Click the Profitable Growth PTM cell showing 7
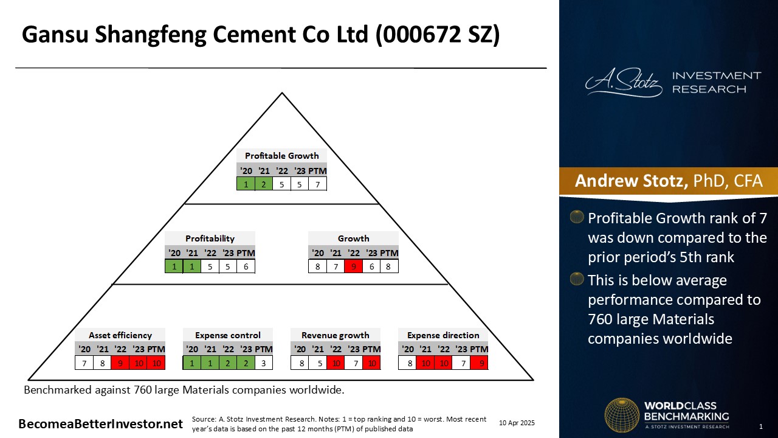click(317, 184)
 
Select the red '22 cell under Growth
click(354, 266)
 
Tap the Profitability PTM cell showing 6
click(246, 266)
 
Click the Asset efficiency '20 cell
click(84, 363)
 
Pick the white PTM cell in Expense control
click(264, 363)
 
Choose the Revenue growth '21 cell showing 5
click(320, 363)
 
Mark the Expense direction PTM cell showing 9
click(480, 363)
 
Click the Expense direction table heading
click(443, 335)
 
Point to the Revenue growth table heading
click(335, 335)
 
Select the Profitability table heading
click(210, 238)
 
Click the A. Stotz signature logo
click(624, 82)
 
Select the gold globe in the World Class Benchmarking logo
click(622, 415)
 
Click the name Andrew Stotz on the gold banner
click(631, 181)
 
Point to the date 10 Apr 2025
click(517, 423)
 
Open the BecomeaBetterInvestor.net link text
click(100, 424)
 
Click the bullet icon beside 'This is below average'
click(577, 279)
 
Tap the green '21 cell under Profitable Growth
click(264, 184)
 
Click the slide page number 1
click(760, 426)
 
